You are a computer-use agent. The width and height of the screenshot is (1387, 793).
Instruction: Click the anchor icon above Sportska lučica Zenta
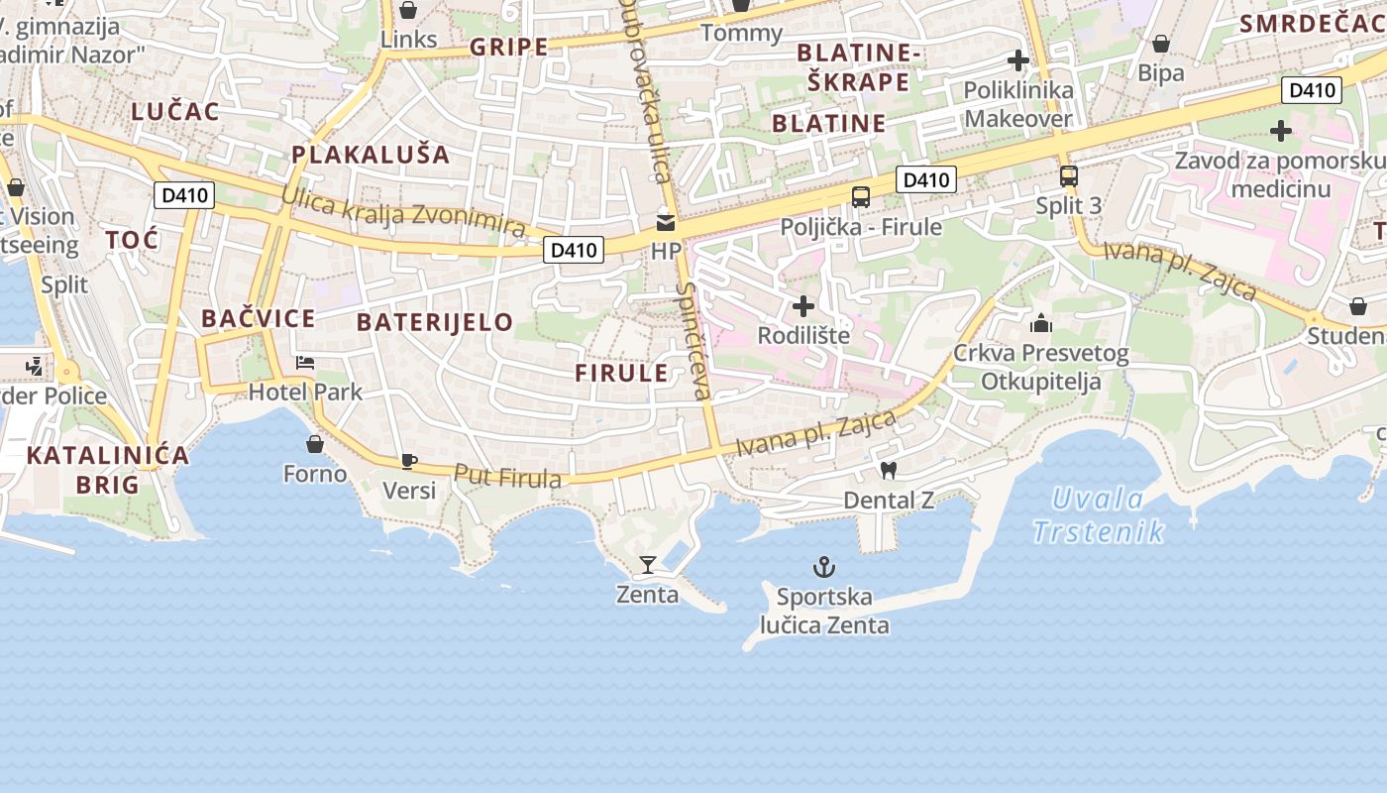click(823, 567)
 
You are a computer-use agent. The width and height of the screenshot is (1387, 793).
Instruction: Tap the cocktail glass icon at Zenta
click(648, 565)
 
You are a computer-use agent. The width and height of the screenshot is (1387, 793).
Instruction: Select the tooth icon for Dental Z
click(888, 471)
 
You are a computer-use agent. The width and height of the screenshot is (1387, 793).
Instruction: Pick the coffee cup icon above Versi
click(408, 461)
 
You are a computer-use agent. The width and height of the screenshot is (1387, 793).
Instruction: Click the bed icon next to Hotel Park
click(305, 363)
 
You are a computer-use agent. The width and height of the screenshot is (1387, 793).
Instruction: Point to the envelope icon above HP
click(666, 223)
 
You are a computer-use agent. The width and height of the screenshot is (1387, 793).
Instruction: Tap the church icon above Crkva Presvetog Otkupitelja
click(1040, 323)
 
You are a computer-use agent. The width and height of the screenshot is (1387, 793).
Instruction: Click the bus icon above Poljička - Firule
click(861, 196)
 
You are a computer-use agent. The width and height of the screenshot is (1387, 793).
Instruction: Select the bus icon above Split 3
click(1068, 176)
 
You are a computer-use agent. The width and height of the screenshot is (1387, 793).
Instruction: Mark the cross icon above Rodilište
click(803, 305)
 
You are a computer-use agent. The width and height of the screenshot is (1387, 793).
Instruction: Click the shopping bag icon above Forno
click(315, 443)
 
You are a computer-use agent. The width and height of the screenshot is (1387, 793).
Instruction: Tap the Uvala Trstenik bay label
click(1098, 515)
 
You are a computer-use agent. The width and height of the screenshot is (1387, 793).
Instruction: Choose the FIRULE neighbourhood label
click(622, 373)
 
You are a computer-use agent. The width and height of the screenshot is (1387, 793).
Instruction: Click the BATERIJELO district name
click(435, 321)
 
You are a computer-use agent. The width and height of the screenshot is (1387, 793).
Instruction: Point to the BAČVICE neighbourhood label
click(258, 318)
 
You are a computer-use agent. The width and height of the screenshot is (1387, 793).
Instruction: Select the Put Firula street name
click(507, 477)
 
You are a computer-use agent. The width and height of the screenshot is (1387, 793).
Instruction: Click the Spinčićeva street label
click(693, 341)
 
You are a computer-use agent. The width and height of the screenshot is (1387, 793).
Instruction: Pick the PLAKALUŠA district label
click(371, 155)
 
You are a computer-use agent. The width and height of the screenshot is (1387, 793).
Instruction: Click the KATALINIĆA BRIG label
click(107, 470)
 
